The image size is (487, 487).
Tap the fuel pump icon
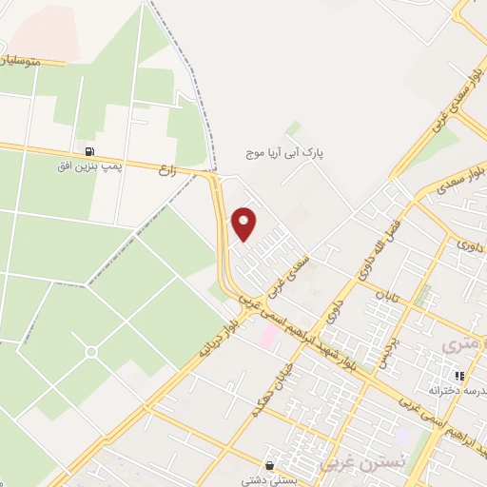tap(88, 152)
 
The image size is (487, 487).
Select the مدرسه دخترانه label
tap(451, 390)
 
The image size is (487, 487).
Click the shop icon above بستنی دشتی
tap(271, 465)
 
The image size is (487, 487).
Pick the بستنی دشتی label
tap(271, 480)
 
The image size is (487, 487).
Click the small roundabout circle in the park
tap(91, 352)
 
